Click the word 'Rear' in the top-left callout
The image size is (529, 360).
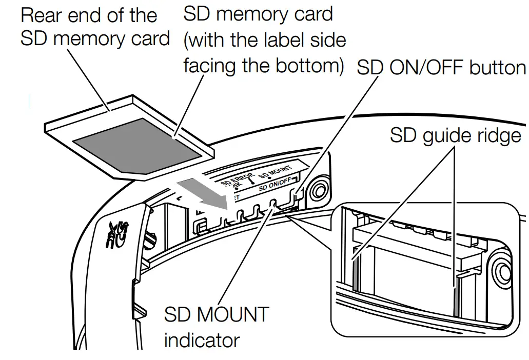coord(42,15)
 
